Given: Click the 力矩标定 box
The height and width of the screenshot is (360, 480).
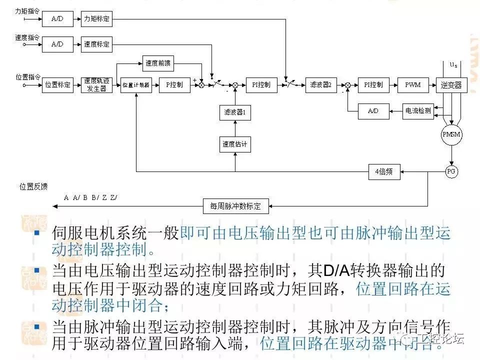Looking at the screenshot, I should [x=96, y=19].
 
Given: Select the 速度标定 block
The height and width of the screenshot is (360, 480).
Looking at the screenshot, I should [x=96, y=44].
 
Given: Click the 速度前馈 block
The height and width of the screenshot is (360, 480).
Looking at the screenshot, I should [x=158, y=63].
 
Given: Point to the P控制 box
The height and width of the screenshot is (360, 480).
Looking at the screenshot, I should [x=174, y=84].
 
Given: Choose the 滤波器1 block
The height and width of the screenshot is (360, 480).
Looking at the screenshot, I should [x=235, y=112].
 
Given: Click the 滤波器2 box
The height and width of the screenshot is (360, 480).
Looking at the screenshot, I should [x=320, y=84].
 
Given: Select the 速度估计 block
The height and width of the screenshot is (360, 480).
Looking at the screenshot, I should [x=235, y=144].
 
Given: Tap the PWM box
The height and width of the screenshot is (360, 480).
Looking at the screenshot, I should [x=413, y=84].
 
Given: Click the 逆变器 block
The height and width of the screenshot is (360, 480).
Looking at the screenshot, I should [x=451, y=84].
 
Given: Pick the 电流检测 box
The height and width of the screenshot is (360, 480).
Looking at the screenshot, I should [x=417, y=111].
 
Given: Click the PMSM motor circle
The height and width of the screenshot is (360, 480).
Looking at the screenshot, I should [x=451, y=135].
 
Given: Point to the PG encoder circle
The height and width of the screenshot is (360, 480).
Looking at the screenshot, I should [x=451, y=171].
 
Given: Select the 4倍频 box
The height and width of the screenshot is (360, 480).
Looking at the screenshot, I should [x=384, y=172].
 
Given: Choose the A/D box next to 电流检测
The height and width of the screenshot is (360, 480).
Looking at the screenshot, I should [x=373, y=111].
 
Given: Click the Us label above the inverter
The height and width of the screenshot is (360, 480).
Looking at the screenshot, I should [x=453, y=65].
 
